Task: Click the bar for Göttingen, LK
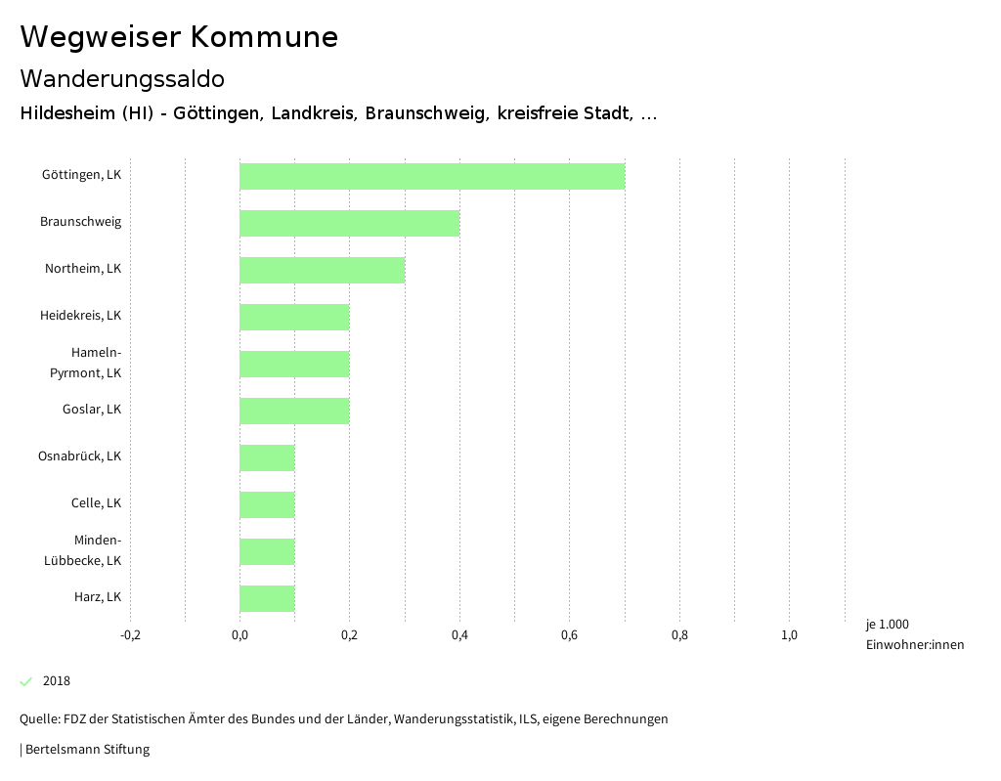tap(432, 176)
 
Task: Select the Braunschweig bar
tap(349, 223)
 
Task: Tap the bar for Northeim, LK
tap(322, 270)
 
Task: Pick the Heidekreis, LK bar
tap(294, 317)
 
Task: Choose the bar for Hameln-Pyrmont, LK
tap(294, 364)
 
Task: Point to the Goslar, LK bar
tap(294, 411)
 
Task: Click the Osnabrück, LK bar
tap(267, 457)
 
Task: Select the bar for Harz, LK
tap(267, 598)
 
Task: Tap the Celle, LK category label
tap(96, 503)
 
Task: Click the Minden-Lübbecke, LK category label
tap(83, 550)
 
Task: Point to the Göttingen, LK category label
tap(81, 175)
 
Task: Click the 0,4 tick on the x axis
tap(459, 635)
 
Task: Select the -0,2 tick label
tap(130, 635)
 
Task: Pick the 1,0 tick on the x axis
tap(789, 635)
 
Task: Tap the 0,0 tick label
tap(239, 635)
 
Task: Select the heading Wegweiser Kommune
tap(179, 37)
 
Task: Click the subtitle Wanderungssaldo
tap(122, 78)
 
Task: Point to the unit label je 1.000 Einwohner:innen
tap(914, 634)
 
